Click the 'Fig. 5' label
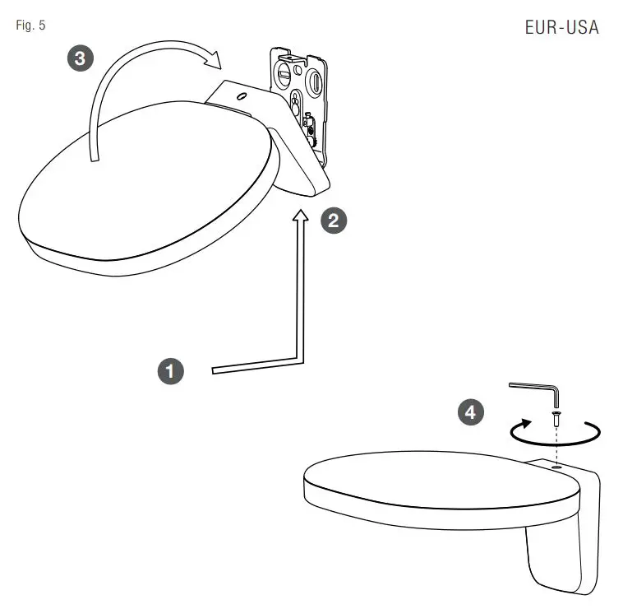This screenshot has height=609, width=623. (30, 25)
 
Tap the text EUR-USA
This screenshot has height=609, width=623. (561, 27)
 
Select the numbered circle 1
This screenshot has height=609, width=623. (170, 371)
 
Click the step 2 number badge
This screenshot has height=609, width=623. (333, 221)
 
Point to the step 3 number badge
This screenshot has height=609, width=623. (79, 58)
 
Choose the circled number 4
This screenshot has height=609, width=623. (470, 412)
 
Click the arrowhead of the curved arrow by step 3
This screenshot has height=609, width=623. (215, 59)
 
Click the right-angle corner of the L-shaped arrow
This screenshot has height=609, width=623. (301, 360)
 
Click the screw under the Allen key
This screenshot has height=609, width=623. (556, 419)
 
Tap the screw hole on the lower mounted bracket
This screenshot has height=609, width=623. (557, 466)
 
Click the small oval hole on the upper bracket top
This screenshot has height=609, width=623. (241, 95)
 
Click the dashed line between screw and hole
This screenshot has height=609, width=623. (557, 444)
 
